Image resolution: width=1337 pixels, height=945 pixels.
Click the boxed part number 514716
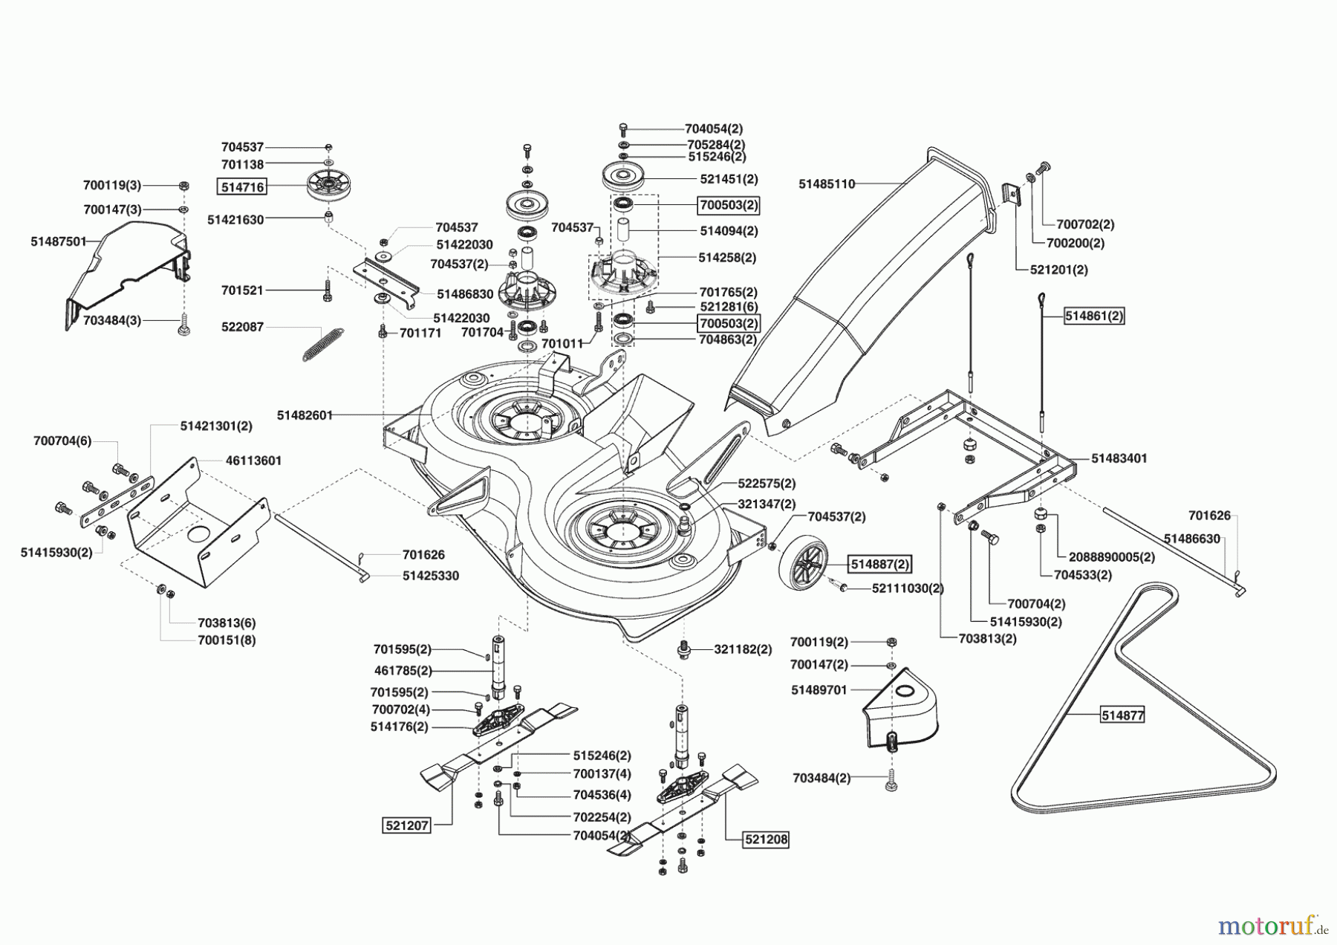coord(241,187)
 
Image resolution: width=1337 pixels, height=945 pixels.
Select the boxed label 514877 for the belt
coord(1122,715)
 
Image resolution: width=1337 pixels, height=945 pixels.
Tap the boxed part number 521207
coord(407,825)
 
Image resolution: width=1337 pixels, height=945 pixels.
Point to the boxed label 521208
coord(766,840)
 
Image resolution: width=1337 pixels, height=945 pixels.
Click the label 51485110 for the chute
coord(827,184)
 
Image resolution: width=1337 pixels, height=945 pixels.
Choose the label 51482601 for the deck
coord(305,415)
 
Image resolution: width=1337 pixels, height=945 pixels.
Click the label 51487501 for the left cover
coord(59,241)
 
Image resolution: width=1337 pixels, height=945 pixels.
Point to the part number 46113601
coord(253,461)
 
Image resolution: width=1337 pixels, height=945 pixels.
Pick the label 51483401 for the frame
coord(1119,458)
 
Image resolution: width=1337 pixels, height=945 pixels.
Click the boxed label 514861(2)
coord(1094,316)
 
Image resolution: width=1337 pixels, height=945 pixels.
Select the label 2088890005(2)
coord(1112,557)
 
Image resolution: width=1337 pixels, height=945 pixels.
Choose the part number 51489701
coord(819,690)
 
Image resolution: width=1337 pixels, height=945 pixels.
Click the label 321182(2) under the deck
coord(743,649)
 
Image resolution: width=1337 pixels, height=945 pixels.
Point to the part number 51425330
coord(431,576)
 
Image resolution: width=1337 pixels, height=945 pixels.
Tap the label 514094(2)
coord(729,231)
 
